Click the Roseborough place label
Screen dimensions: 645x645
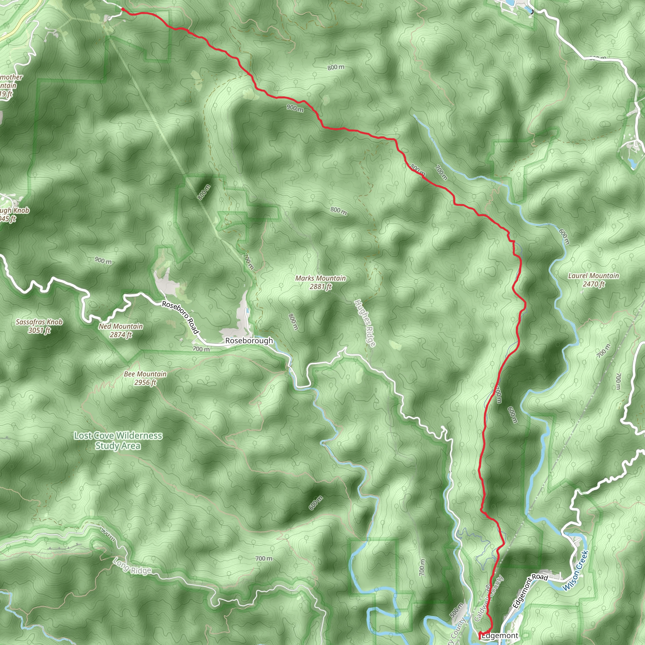point(249,340)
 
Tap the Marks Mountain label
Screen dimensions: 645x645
point(321,278)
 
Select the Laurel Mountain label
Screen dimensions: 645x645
point(594,276)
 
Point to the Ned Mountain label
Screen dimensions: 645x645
point(121,326)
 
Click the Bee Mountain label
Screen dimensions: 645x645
point(145,374)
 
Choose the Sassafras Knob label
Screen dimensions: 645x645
point(39,322)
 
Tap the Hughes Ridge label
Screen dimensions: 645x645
point(365,323)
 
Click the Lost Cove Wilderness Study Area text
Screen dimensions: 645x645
point(118,440)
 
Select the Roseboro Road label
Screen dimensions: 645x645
point(180,317)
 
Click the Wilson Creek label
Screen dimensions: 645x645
point(576,571)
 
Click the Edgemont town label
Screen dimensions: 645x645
point(500,636)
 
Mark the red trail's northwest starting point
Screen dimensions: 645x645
point(123,9)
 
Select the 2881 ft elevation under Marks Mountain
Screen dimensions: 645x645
point(321,287)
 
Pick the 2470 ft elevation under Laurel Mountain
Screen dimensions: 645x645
point(594,284)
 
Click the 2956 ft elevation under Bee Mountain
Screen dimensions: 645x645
point(145,382)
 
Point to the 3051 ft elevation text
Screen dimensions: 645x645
point(39,330)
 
